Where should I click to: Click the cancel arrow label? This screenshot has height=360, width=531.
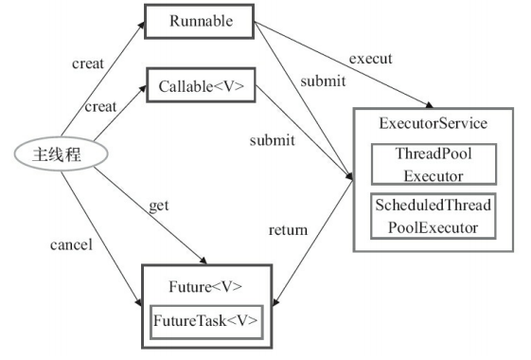pos(70,245)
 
